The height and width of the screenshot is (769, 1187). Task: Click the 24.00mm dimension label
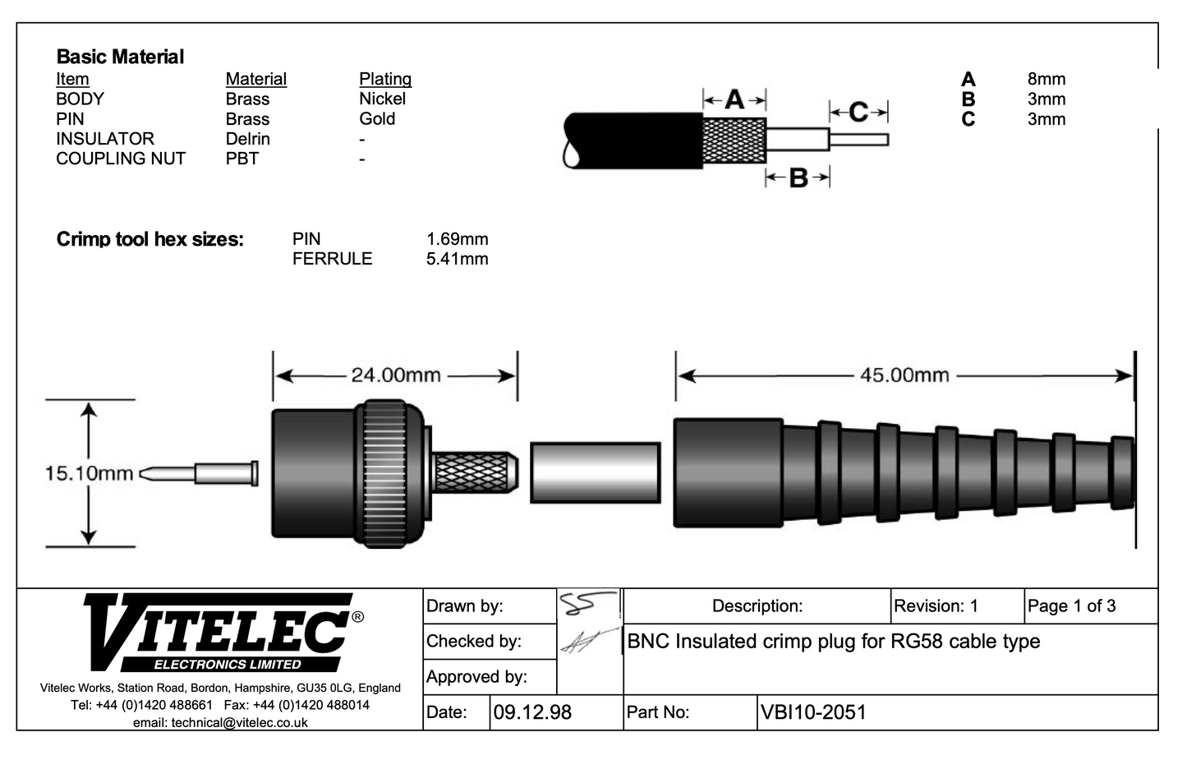pyautogui.click(x=396, y=375)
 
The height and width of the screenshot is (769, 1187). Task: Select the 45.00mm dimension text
pyautogui.click(x=904, y=375)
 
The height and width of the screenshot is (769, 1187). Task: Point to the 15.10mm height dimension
pyautogui.click(x=89, y=473)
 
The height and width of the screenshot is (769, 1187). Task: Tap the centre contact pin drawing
pyautogui.click(x=201, y=473)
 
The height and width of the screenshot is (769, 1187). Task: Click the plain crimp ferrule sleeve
pyautogui.click(x=595, y=472)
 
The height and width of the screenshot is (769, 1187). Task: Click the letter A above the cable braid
pyautogui.click(x=734, y=100)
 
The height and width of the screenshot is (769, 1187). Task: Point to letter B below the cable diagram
pyautogui.click(x=798, y=177)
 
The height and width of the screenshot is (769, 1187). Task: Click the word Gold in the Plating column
pyautogui.click(x=377, y=119)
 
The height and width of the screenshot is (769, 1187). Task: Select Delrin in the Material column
pyautogui.click(x=247, y=139)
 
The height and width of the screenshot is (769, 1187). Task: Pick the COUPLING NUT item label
pyautogui.click(x=121, y=159)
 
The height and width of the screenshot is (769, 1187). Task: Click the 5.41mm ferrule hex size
pyautogui.click(x=457, y=259)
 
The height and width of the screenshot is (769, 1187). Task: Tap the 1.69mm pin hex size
pyautogui.click(x=457, y=239)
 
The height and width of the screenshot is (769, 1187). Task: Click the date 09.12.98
pyautogui.click(x=532, y=712)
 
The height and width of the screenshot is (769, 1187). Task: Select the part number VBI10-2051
pyautogui.click(x=813, y=712)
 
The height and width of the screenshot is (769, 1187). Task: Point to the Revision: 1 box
pyautogui.click(x=936, y=606)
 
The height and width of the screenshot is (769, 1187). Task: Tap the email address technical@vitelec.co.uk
pyautogui.click(x=220, y=723)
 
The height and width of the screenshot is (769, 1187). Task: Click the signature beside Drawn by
pyautogui.click(x=588, y=605)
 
